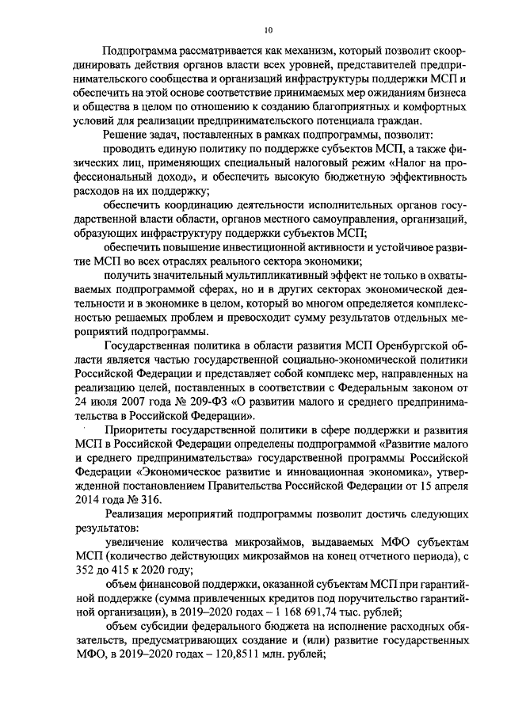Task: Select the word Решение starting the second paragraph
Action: pyautogui.click(x=128, y=135)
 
